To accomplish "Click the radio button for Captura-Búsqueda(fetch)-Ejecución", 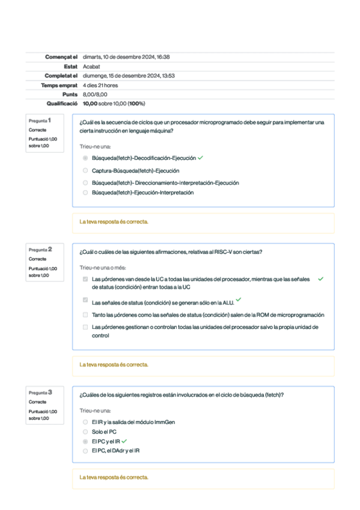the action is tap(85, 171).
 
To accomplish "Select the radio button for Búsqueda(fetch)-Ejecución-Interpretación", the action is tap(85, 193).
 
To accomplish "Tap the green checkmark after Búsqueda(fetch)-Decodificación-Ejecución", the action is tap(200, 158).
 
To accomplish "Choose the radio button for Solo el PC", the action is tap(85, 432).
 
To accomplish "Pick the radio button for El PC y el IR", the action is tap(85, 441).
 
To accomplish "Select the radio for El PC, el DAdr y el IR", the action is tap(85, 450).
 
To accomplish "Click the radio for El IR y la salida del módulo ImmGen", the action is tap(85, 422).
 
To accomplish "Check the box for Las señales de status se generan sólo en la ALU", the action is tap(85, 301).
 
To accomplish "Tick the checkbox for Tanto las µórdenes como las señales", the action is tap(85, 315).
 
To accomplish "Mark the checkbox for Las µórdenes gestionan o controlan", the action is tap(85, 327).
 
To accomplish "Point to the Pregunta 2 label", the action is tap(40, 249).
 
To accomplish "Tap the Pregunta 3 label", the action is tap(40, 392).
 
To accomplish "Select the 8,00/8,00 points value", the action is tap(94, 94).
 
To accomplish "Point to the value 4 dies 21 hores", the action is tap(100, 85).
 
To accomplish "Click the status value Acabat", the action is tap(91, 66).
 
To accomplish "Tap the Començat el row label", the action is tap(61, 57).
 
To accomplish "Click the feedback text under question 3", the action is tap(114, 478).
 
